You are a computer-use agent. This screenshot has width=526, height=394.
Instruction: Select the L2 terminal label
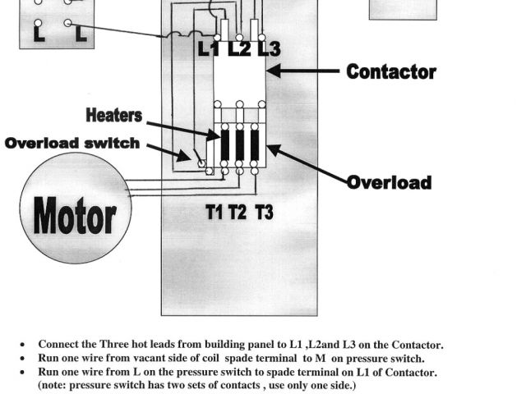[239, 49]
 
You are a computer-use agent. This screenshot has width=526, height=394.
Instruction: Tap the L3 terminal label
[268, 49]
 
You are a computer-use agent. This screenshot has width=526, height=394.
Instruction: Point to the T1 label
[214, 213]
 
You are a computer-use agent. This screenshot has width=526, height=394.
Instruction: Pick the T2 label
[238, 213]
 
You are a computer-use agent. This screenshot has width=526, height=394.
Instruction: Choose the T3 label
[264, 213]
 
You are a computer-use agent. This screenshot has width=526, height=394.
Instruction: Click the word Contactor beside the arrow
[391, 71]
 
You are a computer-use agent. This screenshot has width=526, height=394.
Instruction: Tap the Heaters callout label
[113, 116]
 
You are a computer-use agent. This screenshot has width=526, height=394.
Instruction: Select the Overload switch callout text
[72, 143]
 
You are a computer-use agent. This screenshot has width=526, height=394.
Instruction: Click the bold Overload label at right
[389, 181]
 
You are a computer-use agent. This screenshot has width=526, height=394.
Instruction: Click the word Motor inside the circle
[74, 218]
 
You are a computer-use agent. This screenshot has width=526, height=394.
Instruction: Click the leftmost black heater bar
[225, 144]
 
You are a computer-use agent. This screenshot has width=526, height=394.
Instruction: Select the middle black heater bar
[240, 144]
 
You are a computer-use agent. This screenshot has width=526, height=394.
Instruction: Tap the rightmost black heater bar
[255, 144]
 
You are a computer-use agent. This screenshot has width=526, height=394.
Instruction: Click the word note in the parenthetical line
[55, 385]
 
